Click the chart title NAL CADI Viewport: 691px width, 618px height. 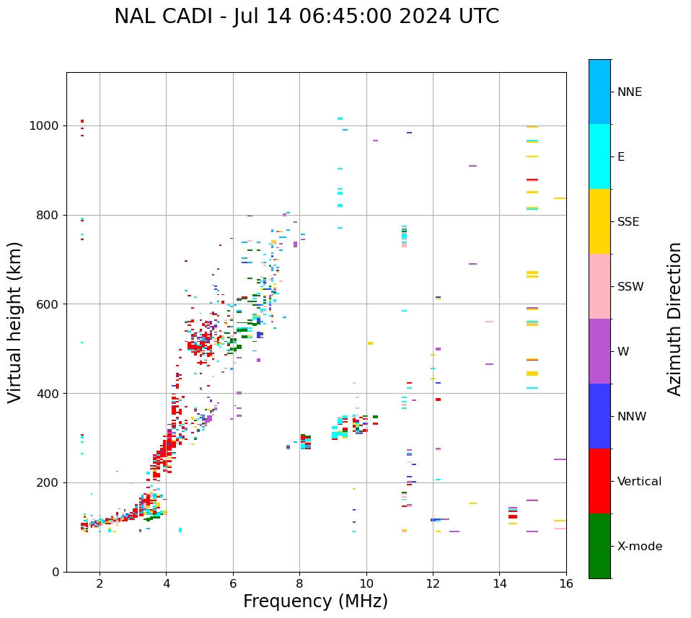point(306,17)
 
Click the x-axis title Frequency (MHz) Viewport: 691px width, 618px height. point(315,601)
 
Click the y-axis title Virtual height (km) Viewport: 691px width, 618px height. point(15,322)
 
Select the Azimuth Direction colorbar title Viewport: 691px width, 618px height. point(674,318)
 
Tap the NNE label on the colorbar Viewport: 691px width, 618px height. point(629,92)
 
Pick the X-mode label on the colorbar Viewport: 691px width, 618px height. point(639,547)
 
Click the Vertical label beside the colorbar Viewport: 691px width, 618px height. point(639,482)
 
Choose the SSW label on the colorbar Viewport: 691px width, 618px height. point(630,287)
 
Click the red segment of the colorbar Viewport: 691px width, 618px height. point(599,481)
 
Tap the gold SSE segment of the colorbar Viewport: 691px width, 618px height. point(599,221)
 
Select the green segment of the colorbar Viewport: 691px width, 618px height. point(599,546)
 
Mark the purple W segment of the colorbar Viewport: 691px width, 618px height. point(599,351)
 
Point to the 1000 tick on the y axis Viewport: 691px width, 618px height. point(45,125)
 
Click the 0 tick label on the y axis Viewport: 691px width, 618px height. point(56,572)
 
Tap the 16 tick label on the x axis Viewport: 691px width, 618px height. point(566,583)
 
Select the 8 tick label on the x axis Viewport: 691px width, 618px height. point(299,583)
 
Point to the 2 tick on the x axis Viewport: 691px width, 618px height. point(100,583)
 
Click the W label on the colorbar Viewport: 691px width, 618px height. point(623,352)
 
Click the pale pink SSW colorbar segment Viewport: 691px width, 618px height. point(599,286)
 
